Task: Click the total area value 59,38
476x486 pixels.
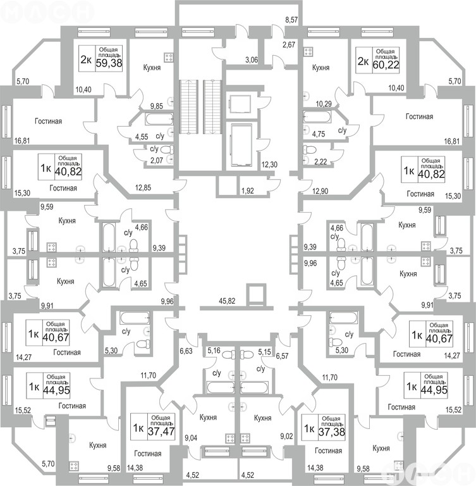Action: [x=109, y=63]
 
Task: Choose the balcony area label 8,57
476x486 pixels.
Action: [x=291, y=20]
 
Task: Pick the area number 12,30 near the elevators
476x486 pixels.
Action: [x=269, y=165]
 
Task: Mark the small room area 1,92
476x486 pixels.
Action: [x=248, y=190]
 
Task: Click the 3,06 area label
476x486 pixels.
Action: [x=251, y=60]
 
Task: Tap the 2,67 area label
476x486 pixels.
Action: [x=288, y=44]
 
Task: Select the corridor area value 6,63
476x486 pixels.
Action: [x=186, y=350]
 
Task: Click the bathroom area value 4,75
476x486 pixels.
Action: [x=319, y=134]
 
